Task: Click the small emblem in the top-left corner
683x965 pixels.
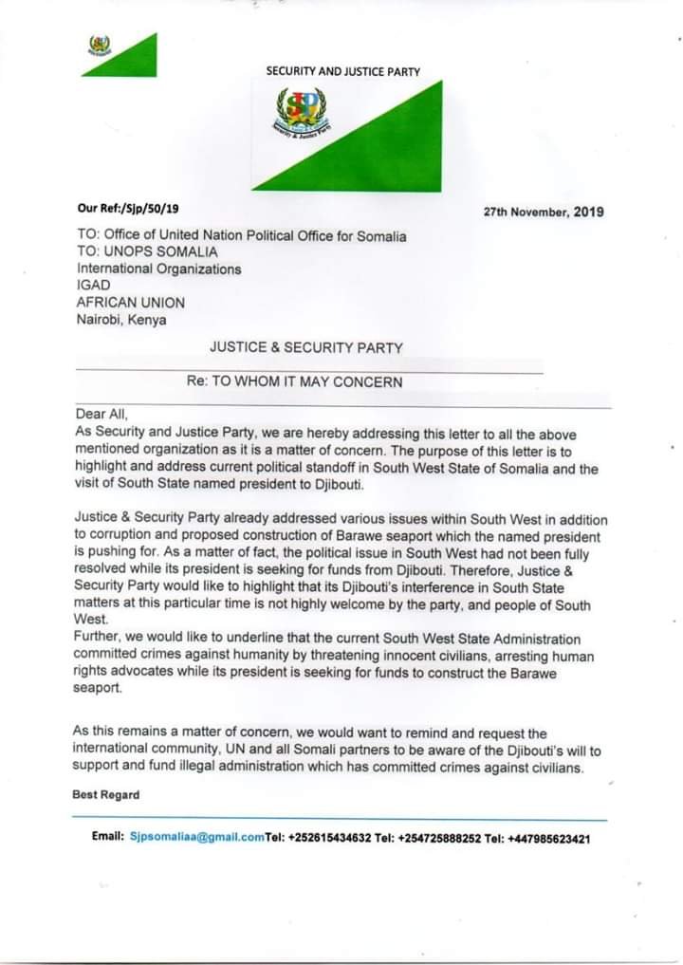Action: coord(100,46)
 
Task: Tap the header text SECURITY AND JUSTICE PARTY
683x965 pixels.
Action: coord(342,71)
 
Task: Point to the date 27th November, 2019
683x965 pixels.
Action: coord(544,212)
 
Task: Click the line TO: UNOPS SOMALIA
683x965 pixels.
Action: coord(147,251)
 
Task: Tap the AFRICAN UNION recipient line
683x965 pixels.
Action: coord(131,303)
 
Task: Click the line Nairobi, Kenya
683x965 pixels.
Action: coord(121,319)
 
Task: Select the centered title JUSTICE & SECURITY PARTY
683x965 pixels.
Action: coord(305,348)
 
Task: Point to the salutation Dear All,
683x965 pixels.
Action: coord(101,414)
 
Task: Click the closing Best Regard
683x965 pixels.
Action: coord(106,794)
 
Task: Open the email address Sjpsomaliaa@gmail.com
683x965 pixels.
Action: coord(196,839)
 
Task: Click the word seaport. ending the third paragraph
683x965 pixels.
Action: coord(99,689)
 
